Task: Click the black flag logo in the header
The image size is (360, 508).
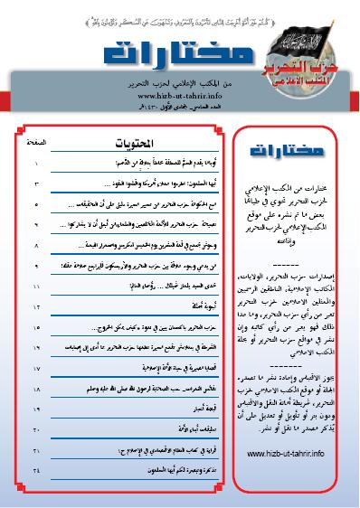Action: click(x=294, y=40)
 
